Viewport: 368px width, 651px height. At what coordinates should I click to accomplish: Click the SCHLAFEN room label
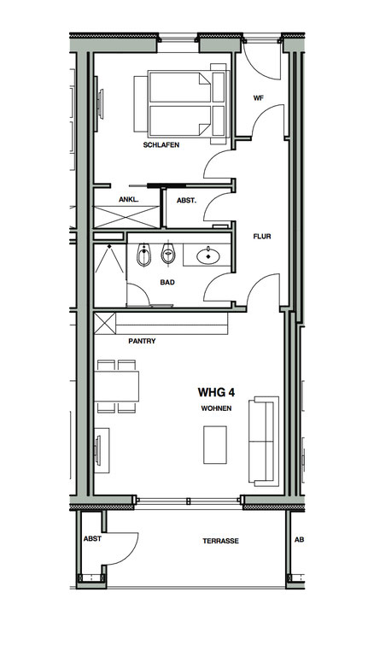(x=161, y=145)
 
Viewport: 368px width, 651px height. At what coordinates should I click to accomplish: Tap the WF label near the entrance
(x=259, y=98)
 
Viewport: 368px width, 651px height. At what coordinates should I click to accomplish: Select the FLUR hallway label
(x=262, y=237)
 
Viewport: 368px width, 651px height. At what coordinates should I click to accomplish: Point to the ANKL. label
(x=129, y=199)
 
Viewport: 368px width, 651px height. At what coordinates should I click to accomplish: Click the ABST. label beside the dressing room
(x=186, y=200)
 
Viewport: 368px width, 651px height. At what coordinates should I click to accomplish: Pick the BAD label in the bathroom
(x=167, y=282)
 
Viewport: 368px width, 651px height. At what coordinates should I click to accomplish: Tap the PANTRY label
(x=142, y=341)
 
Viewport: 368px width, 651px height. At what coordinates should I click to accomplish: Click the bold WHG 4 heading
(x=216, y=392)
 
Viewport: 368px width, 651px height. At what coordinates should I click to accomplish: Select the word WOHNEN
(x=216, y=408)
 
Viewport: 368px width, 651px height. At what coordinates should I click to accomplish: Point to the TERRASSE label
(x=221, y=541)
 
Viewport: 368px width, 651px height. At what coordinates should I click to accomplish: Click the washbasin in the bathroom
(x=208, y=255)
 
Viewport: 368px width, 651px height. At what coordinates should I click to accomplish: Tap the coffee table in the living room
(x=215, y=444)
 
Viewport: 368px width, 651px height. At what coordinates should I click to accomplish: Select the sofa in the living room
(x=264, y=441)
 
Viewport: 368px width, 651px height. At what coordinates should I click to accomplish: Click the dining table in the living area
(x=117, y=386)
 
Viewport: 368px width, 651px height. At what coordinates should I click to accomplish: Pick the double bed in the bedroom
(x=182, y=103)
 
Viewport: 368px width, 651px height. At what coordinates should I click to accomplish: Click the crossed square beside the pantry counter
(x=105, y=324)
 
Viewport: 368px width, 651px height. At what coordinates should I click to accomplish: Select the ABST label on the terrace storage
(x=92, y=538)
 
